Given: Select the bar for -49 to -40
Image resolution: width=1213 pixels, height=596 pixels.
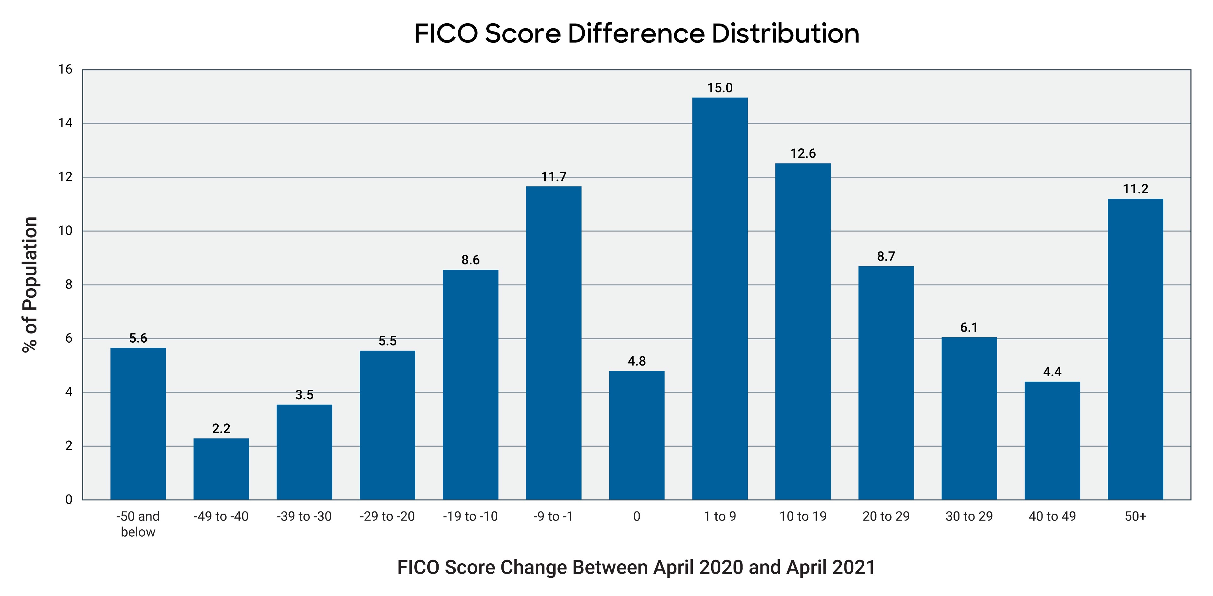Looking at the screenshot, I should (221, 469).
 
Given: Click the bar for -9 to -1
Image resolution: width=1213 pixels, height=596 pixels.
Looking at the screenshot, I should (553, 343).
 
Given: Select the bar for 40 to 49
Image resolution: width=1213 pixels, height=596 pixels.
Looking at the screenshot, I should (1052, 440).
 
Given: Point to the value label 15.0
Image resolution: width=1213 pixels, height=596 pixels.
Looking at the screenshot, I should (719, 88).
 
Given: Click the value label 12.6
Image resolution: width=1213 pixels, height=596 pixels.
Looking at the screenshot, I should (803, 154).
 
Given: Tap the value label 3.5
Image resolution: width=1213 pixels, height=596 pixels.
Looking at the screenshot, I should (304, 395).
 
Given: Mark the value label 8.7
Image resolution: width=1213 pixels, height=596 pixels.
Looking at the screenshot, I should (886, 256).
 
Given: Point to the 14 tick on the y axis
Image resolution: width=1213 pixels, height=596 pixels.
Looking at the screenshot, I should (65, 124).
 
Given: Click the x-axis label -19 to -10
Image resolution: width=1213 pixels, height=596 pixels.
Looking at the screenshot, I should (470, 516).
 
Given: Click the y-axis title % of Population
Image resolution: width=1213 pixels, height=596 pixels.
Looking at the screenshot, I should (30, 284).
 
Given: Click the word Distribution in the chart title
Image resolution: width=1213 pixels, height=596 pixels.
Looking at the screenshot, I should (785, 34).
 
